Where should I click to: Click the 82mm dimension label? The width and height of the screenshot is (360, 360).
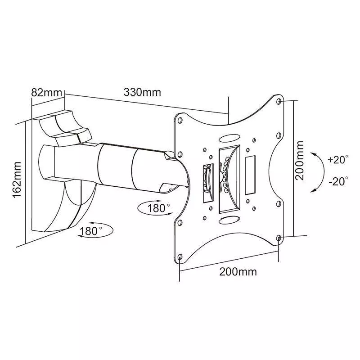(46, 93)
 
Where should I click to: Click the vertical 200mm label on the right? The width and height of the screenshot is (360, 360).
(300, 160)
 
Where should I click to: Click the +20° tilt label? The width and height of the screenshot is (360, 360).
(338, 160)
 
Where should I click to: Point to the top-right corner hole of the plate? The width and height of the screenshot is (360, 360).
(279, 102)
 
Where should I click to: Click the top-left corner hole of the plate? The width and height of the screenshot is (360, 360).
(180, 121)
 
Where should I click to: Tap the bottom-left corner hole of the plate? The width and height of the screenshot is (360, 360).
(180, 258)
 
